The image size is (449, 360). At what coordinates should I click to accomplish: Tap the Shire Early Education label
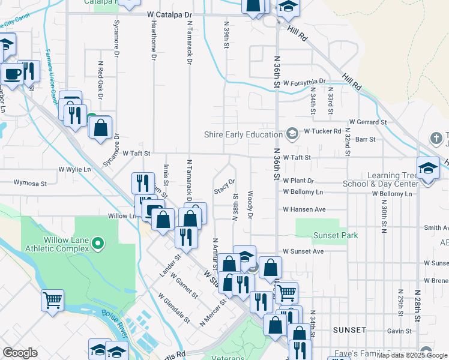pos(243,134)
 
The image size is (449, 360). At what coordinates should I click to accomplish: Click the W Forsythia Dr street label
pos(304,82)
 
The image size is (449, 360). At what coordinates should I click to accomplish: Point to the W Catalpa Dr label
pos(170,13)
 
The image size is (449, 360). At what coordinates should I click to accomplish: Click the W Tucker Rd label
pos(322,131)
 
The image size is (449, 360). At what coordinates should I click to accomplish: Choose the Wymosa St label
pos(30,181)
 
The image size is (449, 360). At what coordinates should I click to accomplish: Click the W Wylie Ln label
pos(74,170)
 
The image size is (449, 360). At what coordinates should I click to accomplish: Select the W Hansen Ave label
pos(304,209)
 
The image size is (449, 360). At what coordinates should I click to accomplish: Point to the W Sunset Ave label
pos(303,251)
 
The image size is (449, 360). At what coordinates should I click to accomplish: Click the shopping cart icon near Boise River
pos(52,299)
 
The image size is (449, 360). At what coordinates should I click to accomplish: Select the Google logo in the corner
pos(20,353)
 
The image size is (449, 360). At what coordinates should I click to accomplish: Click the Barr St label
pos(365,139)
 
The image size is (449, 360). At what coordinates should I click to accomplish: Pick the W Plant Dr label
pos(298,181)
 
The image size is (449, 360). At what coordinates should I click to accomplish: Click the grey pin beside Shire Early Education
pos(292,133)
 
